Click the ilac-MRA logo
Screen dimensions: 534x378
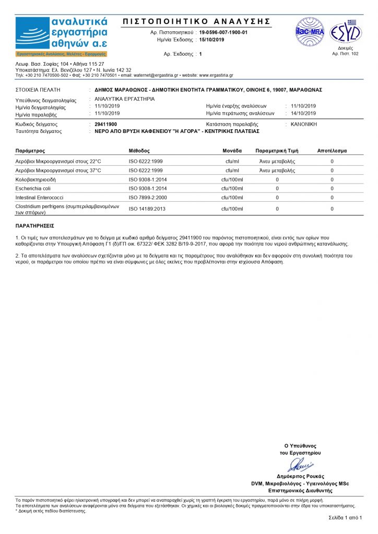pyautogui.click(x=310, y=32)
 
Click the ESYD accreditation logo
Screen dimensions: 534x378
pyautogui.click(x=345, y=32)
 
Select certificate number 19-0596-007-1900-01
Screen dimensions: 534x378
pyautogui.click(x=223, y=32)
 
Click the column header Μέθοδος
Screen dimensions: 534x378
pyautogui.click(x=139, y=150)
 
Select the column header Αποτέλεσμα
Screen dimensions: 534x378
pyautogui.click(x=332, y=150)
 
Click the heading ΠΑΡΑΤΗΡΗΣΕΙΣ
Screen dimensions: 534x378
pyautogui.click(x=35, y=226)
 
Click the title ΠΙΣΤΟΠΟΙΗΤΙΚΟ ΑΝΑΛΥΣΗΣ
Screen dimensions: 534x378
pyautogui.click(x=196, y=21)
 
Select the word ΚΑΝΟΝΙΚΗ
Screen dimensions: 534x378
pyautogui.click(x=304, y=125)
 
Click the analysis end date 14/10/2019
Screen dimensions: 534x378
pyautogui.click(x=303, y=113)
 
